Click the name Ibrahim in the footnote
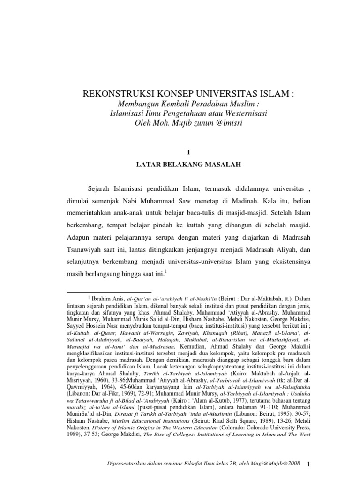tap(104, 298)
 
